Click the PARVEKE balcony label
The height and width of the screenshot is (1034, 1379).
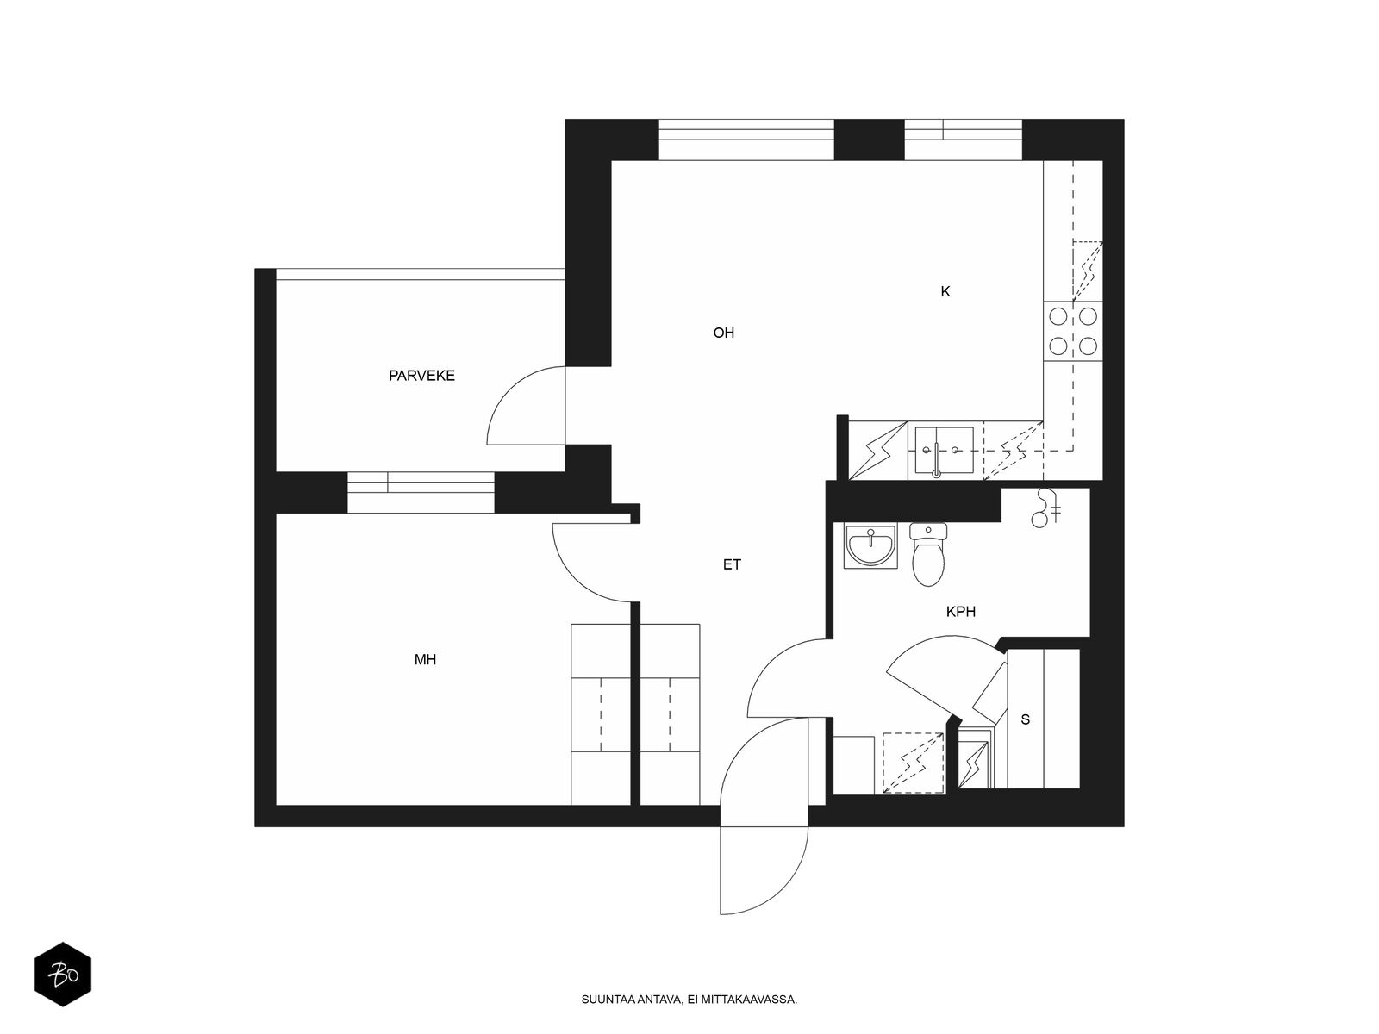(421, 376)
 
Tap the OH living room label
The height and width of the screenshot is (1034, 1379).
(724, 333)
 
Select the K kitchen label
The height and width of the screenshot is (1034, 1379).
(945, 291)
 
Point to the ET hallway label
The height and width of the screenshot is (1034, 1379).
(732, 564)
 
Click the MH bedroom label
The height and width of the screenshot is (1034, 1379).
(425, 659)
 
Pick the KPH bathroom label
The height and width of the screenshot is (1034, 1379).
(961, 612)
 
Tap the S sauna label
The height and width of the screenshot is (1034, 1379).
(1026, 719)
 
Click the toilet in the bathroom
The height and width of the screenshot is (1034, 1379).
(928, 554)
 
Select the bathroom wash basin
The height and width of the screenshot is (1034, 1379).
(870, 546)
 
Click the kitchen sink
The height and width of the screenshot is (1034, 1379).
(945, 451)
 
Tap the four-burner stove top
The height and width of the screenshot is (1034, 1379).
(1073, 331)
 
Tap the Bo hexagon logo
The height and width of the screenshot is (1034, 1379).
(63, 975)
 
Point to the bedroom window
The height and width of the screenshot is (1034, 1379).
(421, 492)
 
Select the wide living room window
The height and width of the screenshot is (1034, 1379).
(746, 140)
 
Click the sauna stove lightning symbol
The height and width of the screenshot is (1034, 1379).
(973, 765)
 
